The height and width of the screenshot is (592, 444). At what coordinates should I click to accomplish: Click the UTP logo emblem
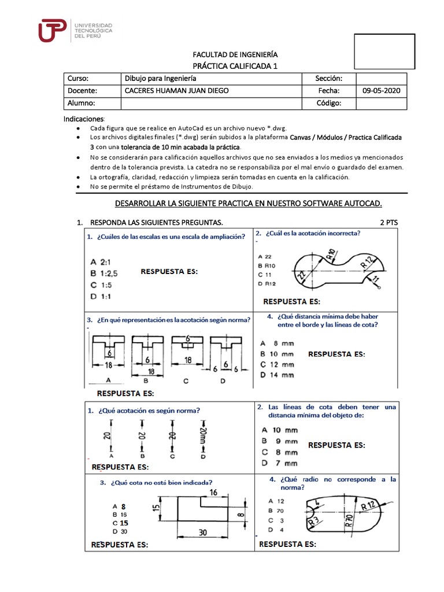point(52,31)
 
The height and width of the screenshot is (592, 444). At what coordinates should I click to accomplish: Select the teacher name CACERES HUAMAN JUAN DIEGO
point(176,91)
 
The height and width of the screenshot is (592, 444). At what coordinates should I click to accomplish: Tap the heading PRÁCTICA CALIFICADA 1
point(235,66)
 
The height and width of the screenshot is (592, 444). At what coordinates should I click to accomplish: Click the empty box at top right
point(384,51)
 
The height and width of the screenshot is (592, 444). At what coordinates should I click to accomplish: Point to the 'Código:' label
point(329,103)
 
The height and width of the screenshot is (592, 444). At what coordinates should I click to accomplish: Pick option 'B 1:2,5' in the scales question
point(108,273)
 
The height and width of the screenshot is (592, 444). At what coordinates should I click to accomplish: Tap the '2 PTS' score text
point(390,223)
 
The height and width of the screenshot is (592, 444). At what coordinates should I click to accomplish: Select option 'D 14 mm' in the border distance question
point(277,375)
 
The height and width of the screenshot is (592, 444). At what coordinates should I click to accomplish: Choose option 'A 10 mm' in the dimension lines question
point(280,430)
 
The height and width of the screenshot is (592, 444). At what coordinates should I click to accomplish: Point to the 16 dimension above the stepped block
point(214,492)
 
